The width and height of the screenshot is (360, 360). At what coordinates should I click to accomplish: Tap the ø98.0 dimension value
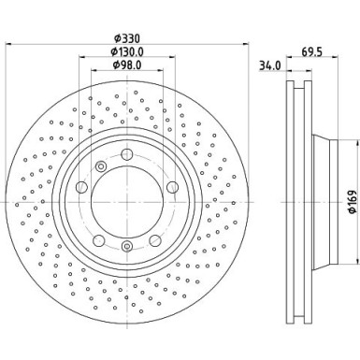point(129,65)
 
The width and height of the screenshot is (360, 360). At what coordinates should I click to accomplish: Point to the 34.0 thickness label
point(268,66)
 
